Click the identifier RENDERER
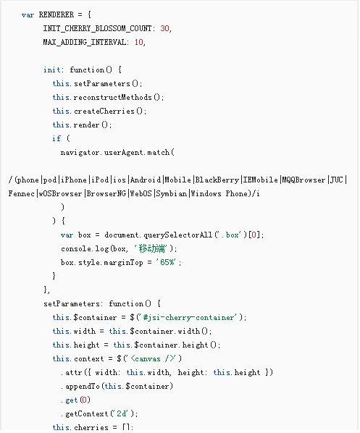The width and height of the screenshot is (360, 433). pyautogui.click(x=56, y=14)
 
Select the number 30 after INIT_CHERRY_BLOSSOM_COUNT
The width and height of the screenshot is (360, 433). pyautogui.click(x=164, y=28)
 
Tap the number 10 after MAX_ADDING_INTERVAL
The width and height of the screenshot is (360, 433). pyautogui.click(x=138, y=42)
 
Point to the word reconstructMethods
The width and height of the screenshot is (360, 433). pyautogui.click(x=113, y=97)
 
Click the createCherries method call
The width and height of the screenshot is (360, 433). pyautogui.click(x=104, y=111)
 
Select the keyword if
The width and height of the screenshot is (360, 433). pyautogui.click(x=56, y=138)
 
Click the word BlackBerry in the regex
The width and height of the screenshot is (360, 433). pyautogui.click(x=217, y=180)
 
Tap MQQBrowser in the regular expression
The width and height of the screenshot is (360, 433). pyautogui.click(x=304, y=180)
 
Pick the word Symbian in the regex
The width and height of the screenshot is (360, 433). pyautogui.click(x=171, y=193)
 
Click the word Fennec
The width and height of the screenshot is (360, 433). pyautogui.click(x=21, y=193)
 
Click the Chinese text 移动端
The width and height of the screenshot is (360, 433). pyautogui.click(x=151, y=248)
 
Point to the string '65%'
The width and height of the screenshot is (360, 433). pyautogui.click(x=167, y=262)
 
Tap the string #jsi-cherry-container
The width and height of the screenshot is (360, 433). pyautogui.click(x=188, y=318)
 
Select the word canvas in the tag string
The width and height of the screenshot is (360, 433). pyautogui.click(x=148, y=358)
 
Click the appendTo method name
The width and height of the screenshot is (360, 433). pyautogui.click(x=83, y=387)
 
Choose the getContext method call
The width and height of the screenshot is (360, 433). pyautogui.click(x=87, y=413)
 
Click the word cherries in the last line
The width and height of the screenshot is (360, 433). pyautogui.click(x=91, y=427)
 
